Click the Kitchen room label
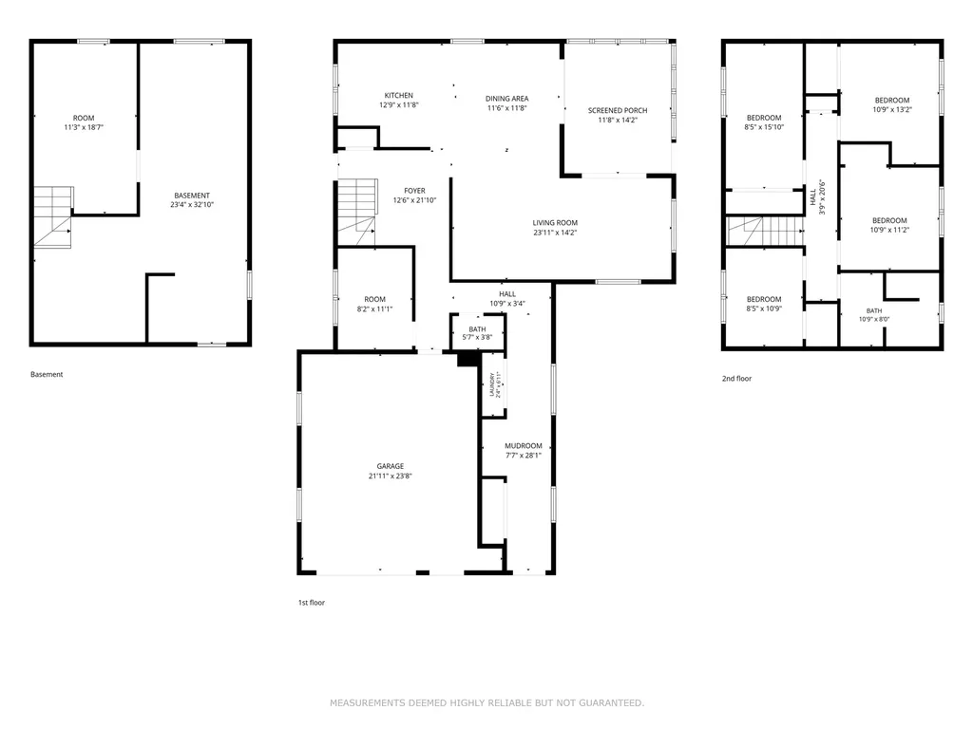point(398,96)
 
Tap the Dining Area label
point(507,99)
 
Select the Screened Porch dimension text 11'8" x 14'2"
point(618,121)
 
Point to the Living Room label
point(555,223)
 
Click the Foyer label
point(414,191)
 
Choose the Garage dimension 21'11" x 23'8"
point(391,477)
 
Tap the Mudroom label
point(524,446)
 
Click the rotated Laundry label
point(491,384)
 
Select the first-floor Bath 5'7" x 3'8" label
point(477,333)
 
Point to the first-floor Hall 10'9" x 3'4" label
point(507,299)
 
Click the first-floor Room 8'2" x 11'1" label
point(374,304)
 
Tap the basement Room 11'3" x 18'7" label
point(84,122)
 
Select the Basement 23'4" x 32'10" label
point(192,199)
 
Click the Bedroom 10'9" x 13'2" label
point(892,104)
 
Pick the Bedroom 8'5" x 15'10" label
point(764,122)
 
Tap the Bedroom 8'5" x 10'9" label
point(764,304)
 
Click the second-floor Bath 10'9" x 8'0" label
point(874,315)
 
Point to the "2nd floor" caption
point(736,378)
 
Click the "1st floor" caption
point(312,603)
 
